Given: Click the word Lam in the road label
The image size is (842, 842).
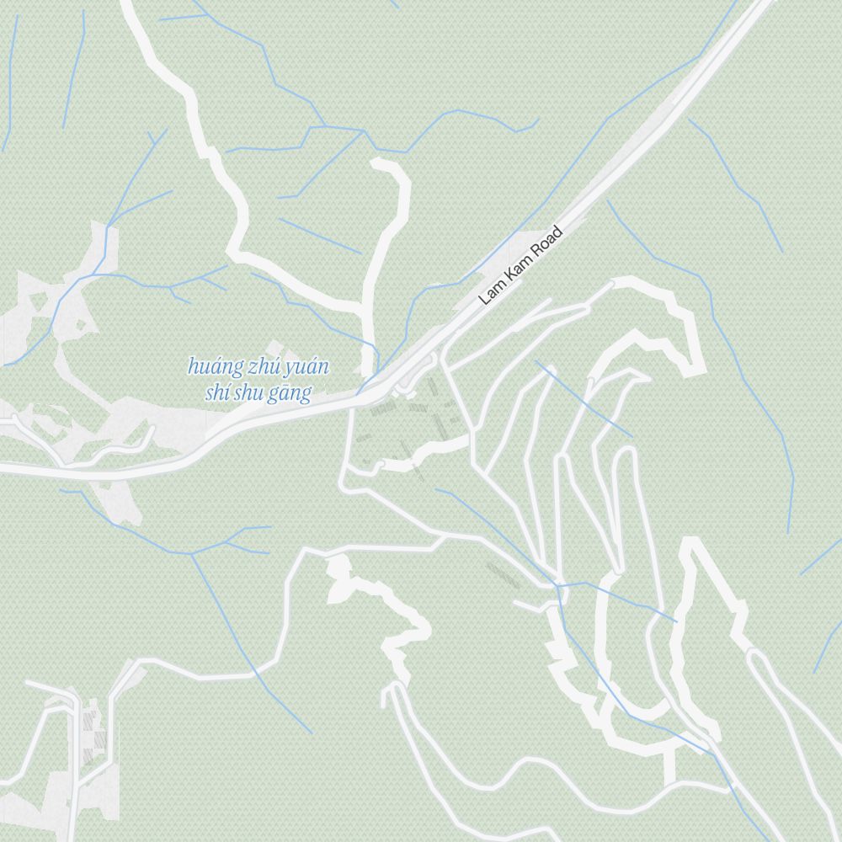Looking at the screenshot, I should [490, 293].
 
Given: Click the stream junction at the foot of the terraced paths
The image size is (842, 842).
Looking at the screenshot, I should [557, 585].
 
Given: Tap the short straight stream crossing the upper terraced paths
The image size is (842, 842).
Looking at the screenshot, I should [583, 399].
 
